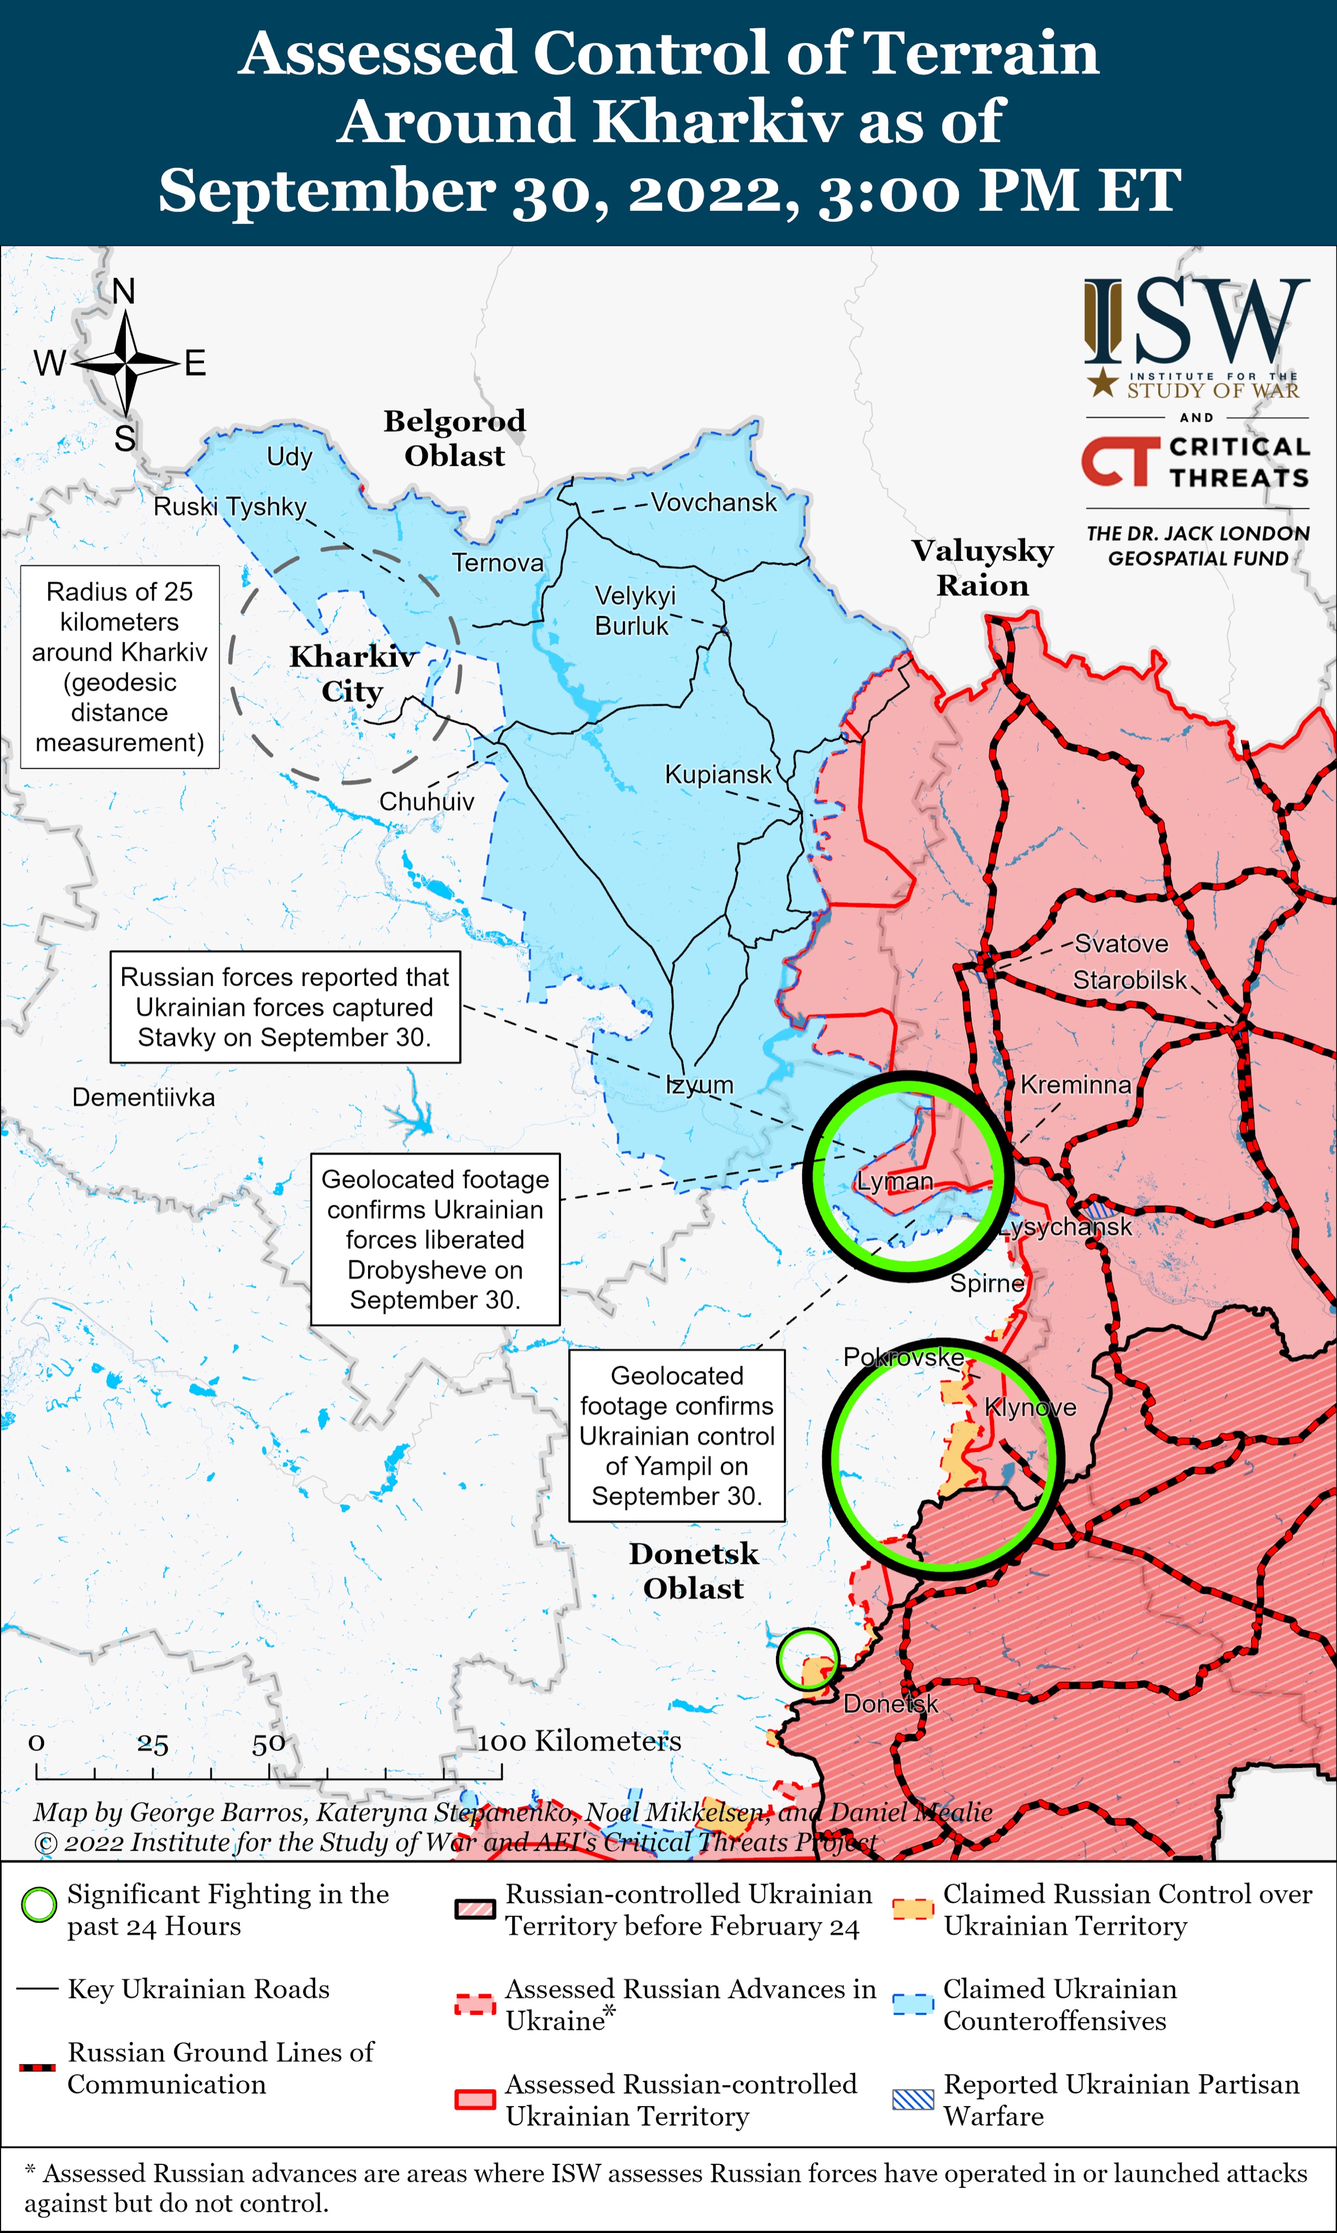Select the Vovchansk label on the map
[714, 503]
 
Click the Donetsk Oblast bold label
[693, 1570]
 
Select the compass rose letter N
[123, 291]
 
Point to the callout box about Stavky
[285, 1007]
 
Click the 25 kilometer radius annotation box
[120, 667]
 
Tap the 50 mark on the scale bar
[268, 1744]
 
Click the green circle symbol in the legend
[39, 1905]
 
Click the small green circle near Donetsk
[807, 1659]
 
